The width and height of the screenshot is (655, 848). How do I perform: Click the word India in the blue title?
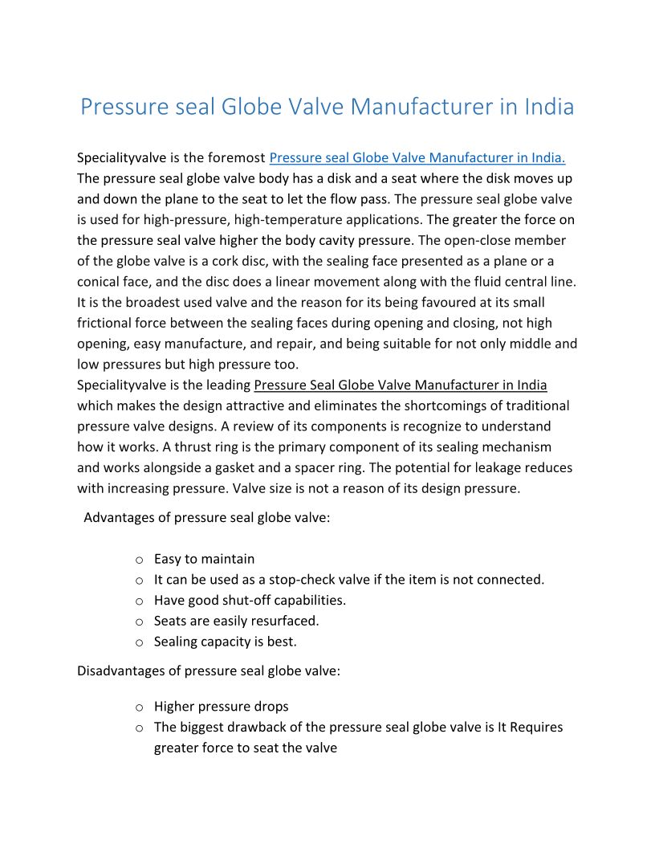549,107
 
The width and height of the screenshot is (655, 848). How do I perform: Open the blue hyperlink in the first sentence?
417,157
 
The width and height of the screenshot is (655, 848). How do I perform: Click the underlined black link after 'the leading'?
401,385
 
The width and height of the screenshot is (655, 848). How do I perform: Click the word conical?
102,282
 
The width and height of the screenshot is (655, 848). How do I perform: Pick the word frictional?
108,323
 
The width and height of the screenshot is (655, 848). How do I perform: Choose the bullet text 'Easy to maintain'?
204,559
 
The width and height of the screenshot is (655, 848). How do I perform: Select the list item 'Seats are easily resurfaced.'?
236,621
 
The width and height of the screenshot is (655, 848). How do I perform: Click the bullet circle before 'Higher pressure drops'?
139,707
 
